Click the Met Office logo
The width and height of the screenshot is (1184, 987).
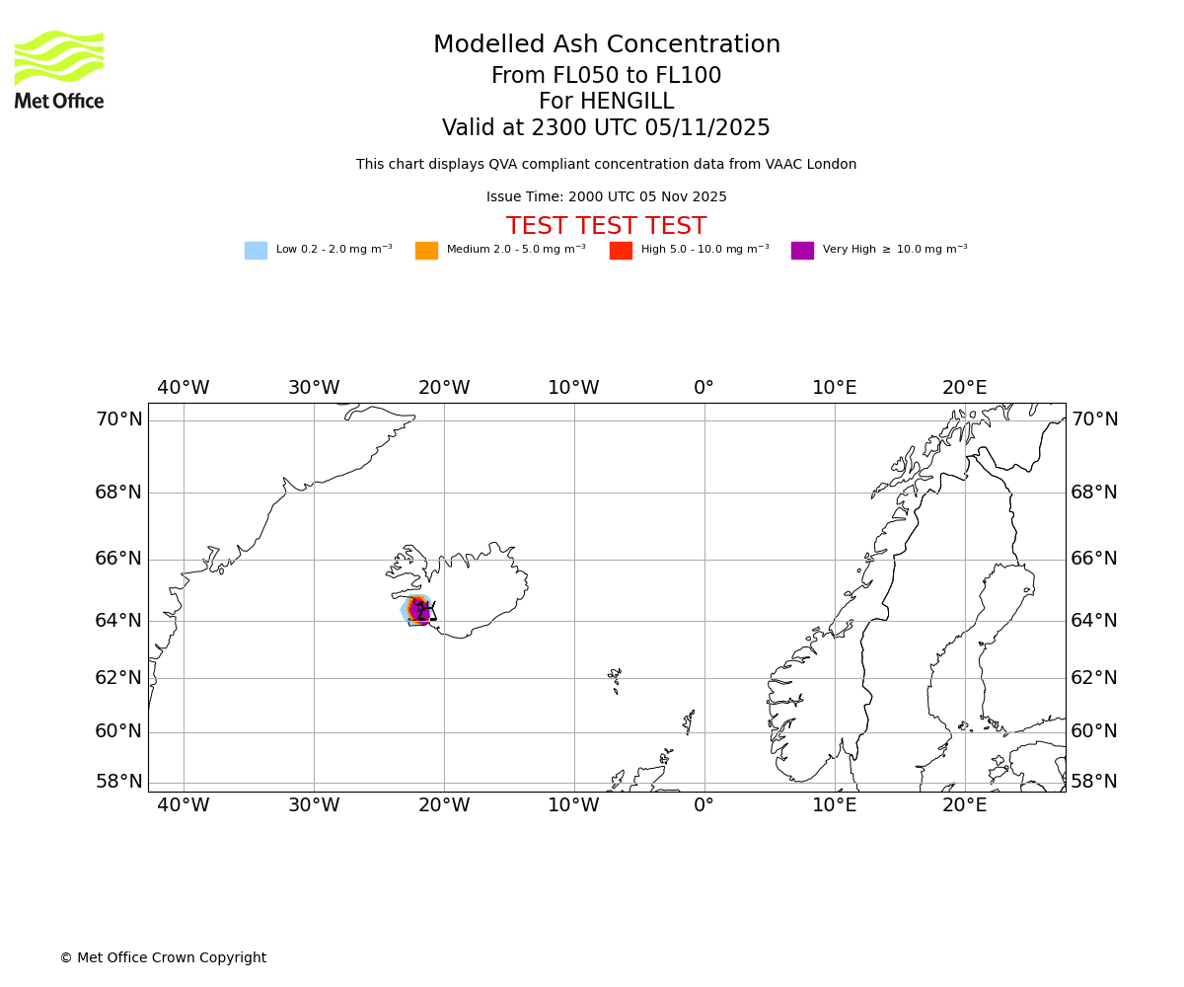point(59,70)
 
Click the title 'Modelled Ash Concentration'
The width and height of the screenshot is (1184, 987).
point(607,45)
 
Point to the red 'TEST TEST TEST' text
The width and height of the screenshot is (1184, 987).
point(606,227)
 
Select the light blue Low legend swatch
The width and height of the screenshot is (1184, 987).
point(256,251)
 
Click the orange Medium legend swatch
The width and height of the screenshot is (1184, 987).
point(426,251)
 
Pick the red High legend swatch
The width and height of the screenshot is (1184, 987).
point(621,251)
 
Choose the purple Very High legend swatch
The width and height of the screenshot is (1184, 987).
point(802,251)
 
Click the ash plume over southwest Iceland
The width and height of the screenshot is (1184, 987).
point(417,610)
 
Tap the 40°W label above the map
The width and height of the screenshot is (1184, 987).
point(184,388)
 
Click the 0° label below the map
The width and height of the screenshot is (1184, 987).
point(703,805)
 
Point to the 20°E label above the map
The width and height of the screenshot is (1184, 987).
point(964,388)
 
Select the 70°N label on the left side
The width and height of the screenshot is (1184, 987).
point(118,419)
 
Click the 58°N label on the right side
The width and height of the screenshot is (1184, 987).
point(1094,782)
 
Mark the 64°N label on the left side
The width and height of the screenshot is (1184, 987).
point(118,621)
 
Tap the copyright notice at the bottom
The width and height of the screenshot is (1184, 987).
point(163,958)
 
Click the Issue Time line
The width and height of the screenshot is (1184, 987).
point(606,197)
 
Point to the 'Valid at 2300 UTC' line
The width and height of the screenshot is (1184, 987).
point(606,128)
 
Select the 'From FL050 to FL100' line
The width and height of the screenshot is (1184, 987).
point(606,76)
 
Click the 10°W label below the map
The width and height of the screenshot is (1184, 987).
point(573,805)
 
